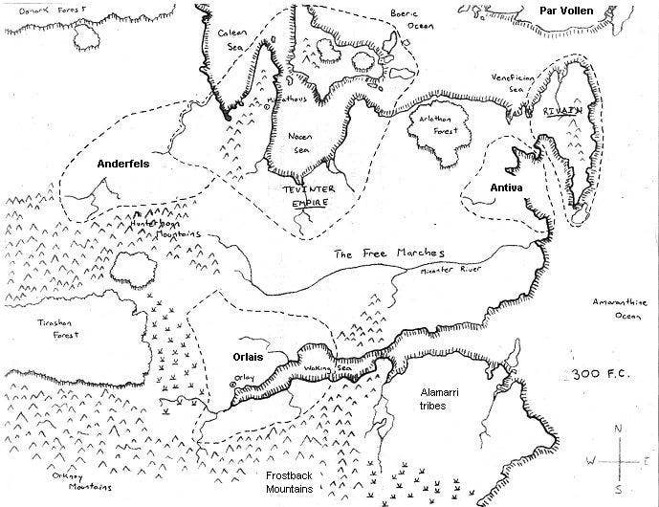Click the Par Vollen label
point(566,11)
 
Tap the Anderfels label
point(125,164)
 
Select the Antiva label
point(506,187)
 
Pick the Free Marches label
point(377,254)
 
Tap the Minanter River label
point(450,272)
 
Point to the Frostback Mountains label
point(290,482)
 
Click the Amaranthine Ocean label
point(620,308)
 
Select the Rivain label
point(562,112)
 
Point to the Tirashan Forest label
point(55,330)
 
